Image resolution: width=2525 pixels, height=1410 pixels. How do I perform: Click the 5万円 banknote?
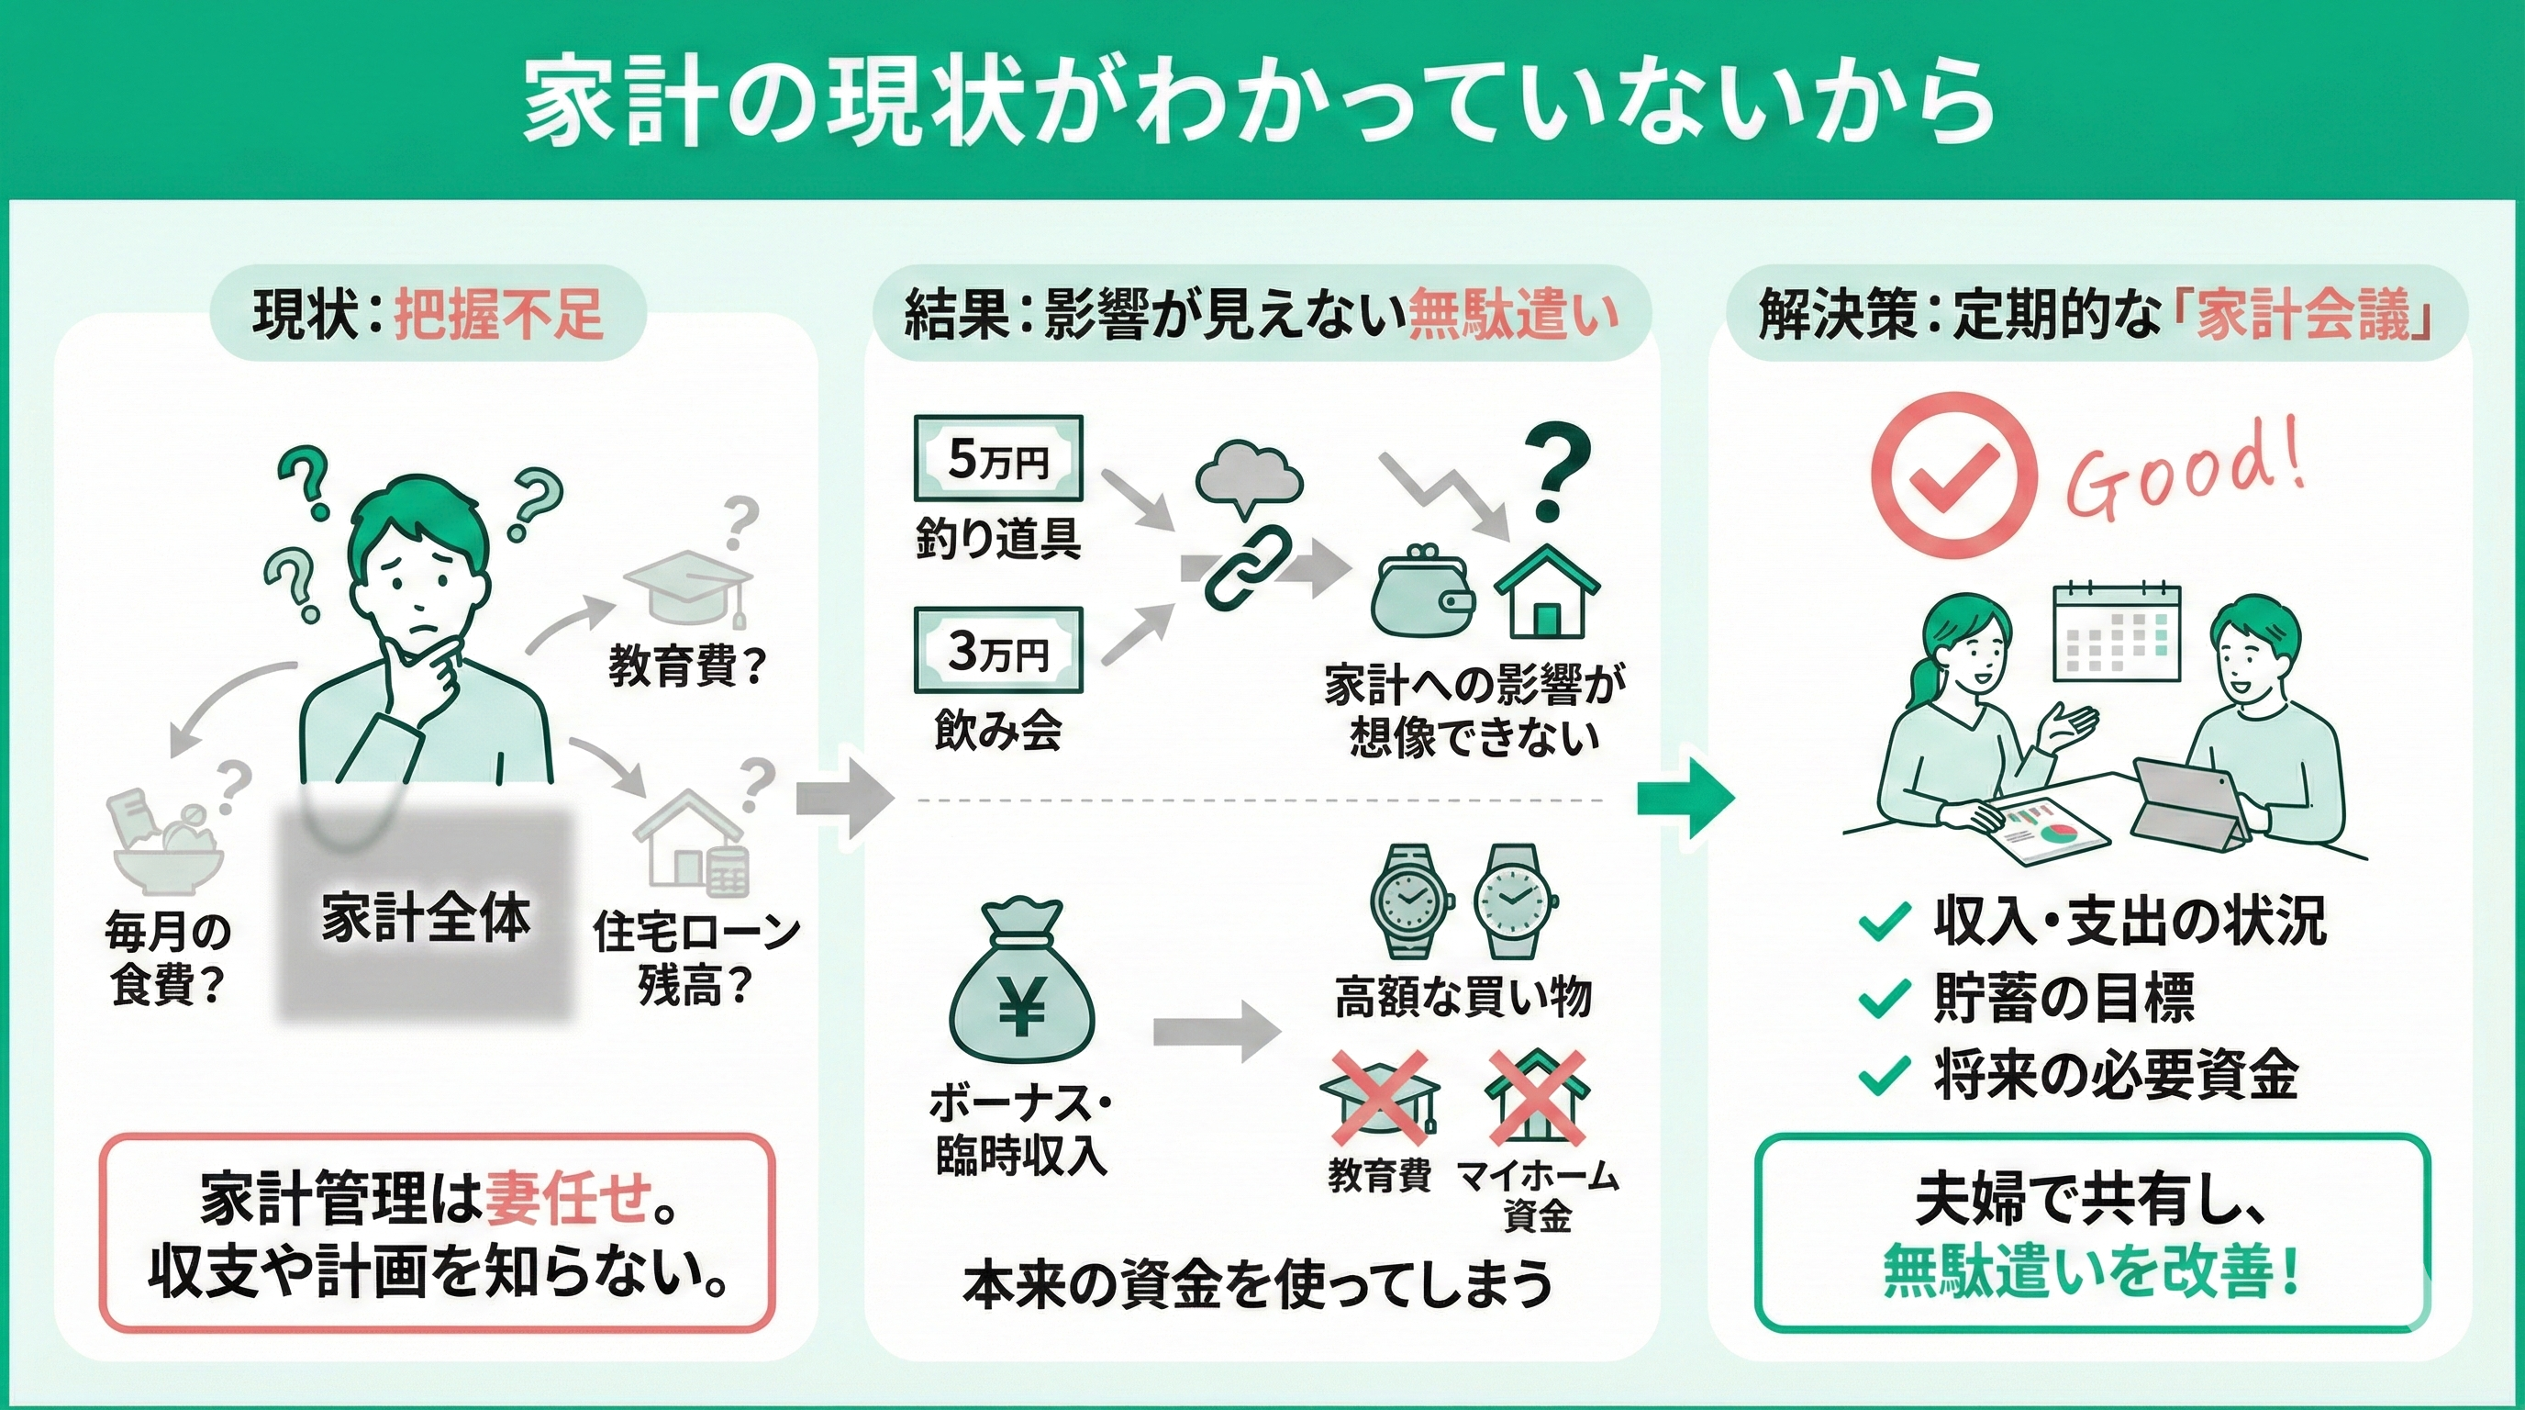coord(998,459)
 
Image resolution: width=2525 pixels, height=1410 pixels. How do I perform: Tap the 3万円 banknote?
coord(998,651)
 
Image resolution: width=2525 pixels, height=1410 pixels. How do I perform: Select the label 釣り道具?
coord(998,538)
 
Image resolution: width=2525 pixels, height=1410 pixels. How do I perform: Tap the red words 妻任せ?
coord(569,1198)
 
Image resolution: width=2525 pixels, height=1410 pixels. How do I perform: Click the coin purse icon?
coord(1423,599)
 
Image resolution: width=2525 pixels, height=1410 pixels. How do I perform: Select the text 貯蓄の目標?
coord(2064,998)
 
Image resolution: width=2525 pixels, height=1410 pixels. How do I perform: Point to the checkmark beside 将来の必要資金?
coord(1884,1075)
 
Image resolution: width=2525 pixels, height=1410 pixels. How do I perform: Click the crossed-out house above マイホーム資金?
coord(1537,1098)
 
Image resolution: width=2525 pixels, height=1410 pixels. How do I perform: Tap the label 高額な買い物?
coord(1463,998)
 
